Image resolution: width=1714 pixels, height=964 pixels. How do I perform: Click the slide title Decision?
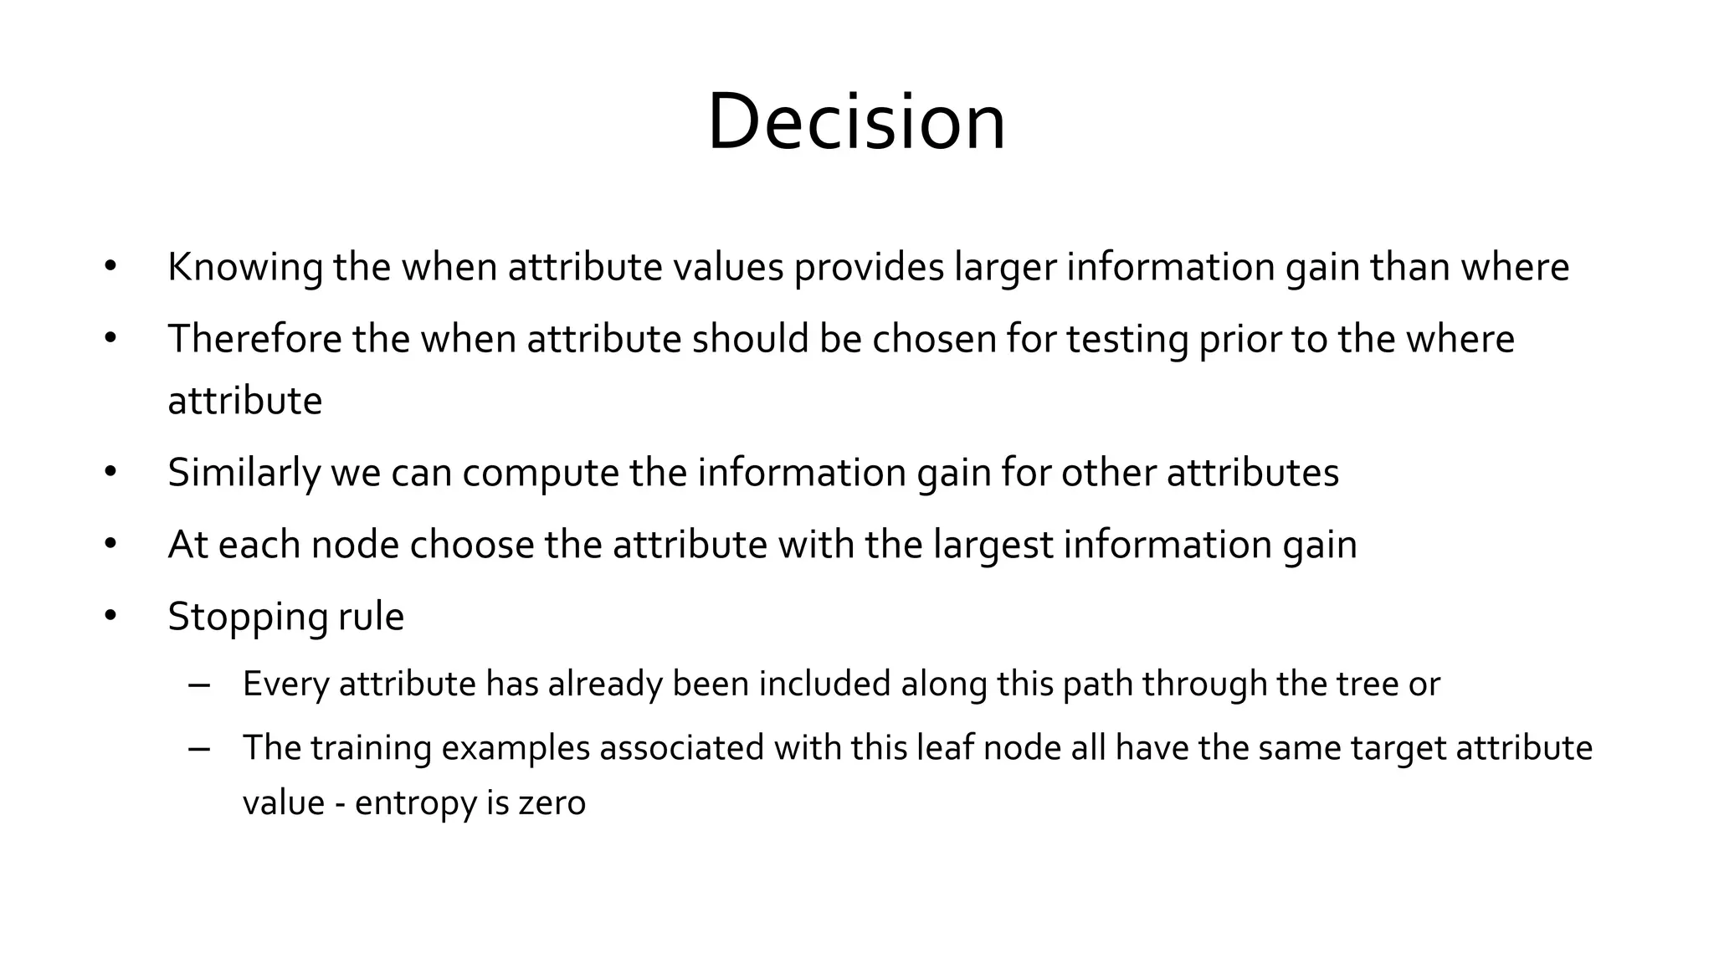point(856,122)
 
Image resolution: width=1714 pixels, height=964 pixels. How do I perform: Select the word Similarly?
point(244,474)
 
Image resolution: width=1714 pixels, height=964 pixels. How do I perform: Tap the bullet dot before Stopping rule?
point(110,617)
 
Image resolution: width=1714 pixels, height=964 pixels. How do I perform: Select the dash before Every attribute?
point(199,685)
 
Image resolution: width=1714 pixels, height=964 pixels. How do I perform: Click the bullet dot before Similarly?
point(110,473)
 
